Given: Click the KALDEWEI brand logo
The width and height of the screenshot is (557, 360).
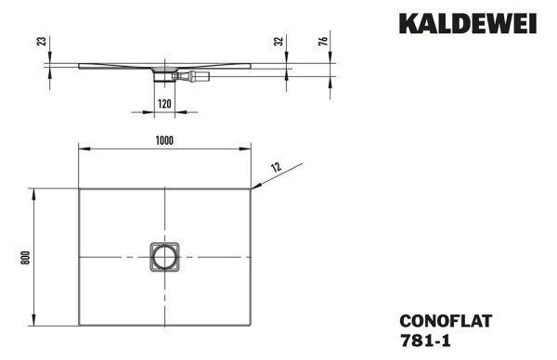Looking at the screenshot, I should coord(467,23).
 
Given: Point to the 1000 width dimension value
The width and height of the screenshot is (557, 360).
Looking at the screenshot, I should coord(164,140).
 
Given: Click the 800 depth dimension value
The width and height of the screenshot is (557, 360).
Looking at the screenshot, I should coord(27,257).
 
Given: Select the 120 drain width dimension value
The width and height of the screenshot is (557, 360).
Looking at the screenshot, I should coord(164,104).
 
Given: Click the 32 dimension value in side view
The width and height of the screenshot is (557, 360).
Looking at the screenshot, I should coord(278,42).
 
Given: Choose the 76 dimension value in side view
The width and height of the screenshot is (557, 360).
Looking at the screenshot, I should coord(322,42).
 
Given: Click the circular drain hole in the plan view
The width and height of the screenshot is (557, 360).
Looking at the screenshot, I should coord(164,257).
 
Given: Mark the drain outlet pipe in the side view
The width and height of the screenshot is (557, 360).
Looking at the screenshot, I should coord(197,76).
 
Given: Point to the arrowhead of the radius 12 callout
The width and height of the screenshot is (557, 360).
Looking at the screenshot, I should coord(254,188).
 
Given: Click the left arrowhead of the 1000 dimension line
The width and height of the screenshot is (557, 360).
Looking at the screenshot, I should coord(82,148).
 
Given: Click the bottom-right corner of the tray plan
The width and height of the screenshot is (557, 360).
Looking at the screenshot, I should coord(251,328).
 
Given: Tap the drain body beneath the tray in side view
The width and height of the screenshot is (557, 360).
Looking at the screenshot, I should coord(164,76).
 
